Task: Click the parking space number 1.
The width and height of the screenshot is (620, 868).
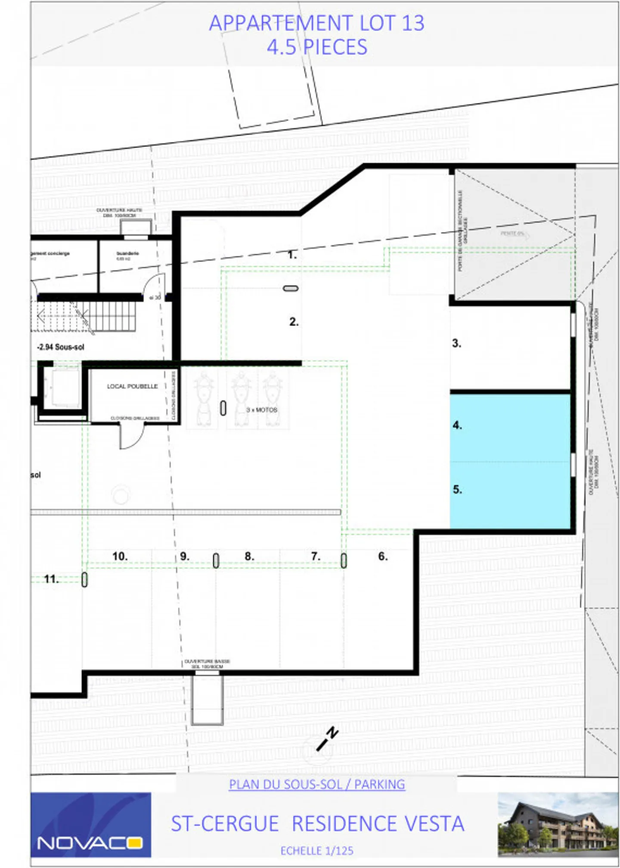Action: tap(292, 255)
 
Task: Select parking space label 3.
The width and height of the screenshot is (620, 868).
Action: tap(456, 343)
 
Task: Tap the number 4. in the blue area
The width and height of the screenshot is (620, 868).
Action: tap(457, 425)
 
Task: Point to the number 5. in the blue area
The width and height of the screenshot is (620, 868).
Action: tap(457, 489)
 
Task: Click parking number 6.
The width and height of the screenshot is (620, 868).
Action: tap(383, 556)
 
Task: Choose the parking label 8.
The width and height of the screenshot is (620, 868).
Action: tap(249, 556)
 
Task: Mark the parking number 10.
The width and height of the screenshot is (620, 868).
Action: tap(120, 556)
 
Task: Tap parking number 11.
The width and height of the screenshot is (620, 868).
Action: tap(51, 579)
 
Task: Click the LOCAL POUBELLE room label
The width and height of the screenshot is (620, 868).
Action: tap(132, 386)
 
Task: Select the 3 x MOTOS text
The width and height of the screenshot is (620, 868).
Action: tap(262, 410)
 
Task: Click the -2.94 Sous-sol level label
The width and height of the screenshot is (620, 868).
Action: tap(61, 347)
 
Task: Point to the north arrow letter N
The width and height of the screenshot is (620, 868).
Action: tap(332, 733)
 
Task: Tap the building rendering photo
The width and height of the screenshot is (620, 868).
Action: tap(558, 824)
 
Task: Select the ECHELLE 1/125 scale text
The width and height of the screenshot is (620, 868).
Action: tap(316, 850)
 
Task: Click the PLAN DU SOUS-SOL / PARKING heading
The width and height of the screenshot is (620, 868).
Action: tap(316, 784)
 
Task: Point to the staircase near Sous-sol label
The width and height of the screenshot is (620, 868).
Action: tap(86, 317)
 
